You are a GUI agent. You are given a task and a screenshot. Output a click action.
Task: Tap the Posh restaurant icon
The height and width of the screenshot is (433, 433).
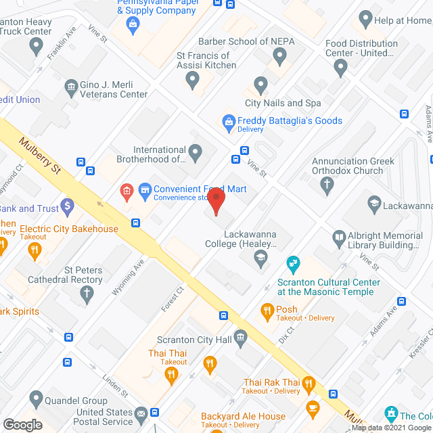(267, 311)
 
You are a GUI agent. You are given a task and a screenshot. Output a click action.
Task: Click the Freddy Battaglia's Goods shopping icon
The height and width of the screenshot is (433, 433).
(228, 122)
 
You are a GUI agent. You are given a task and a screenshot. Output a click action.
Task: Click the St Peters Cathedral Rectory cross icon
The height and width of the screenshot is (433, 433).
(86, 294)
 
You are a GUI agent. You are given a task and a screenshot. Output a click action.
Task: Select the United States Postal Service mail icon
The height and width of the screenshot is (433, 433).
(141, 413)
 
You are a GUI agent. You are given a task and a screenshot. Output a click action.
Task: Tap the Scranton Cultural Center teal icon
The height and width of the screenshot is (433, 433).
(293, 261)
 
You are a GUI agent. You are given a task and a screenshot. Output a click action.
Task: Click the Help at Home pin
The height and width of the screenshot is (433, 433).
(366, 18)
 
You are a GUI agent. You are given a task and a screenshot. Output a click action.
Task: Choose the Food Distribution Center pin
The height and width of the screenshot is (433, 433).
(340, 66)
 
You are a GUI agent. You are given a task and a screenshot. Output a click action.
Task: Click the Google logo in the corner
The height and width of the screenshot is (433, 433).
(22, 425)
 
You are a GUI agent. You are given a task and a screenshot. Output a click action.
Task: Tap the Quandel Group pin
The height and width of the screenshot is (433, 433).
(37, 398)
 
